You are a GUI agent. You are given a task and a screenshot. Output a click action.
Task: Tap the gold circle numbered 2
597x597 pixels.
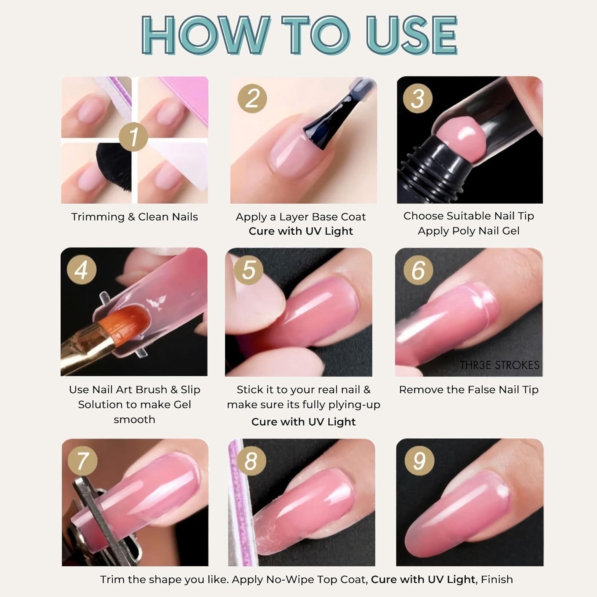(252, 98)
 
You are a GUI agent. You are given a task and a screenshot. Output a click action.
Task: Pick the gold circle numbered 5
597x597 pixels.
(248, 270)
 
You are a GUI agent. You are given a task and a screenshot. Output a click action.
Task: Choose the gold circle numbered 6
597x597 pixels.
(418, 270)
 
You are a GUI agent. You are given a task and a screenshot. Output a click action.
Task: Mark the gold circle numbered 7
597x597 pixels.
(83, 460)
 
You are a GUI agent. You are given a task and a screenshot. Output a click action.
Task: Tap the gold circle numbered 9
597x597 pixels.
(419, 460)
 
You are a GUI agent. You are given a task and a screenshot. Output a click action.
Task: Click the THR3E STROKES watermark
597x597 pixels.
(499, 365)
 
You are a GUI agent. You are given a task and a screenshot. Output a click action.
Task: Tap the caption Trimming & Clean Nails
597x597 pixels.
(135, 217)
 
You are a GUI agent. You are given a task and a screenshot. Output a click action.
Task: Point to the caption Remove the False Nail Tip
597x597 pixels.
(469, 390)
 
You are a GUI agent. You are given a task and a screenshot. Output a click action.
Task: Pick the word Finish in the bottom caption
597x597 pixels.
(497, 579)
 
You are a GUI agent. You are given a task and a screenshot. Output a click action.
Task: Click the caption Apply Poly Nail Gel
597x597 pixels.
(468, 231)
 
